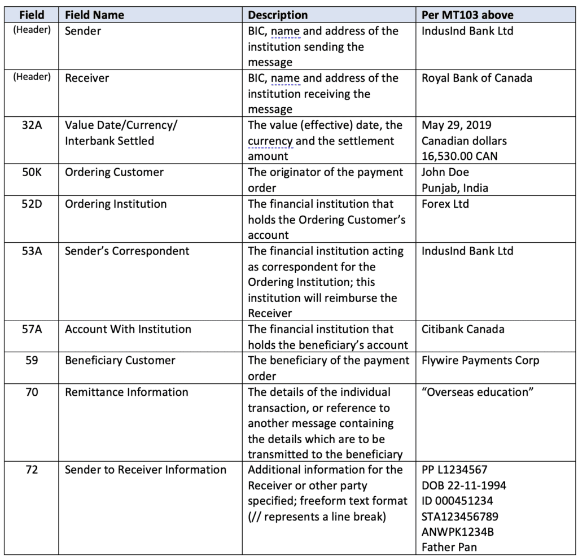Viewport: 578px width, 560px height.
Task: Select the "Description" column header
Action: (x=278, y=15)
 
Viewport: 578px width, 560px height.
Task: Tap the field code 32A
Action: (x=32, y=125)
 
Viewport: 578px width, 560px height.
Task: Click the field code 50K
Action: (x=32, y=172)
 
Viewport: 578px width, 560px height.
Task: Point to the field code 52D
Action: (x=32, y=204)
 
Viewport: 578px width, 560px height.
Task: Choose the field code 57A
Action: (x=32, y=329)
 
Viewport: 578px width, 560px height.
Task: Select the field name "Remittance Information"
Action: (x=126, y=392)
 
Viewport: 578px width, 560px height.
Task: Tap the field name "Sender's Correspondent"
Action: (x=127, y=251)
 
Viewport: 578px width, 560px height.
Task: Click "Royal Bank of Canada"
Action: (x=476, y=78)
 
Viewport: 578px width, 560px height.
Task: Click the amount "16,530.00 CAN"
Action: (x=459, y=156)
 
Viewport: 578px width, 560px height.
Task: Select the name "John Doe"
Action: (x=445, y=172)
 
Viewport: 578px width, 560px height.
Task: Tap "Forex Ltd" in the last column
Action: (x=445, y=204)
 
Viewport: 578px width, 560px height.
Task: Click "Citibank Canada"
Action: (x=463, y=329)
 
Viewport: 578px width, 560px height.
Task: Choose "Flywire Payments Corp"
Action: (x=480, y=360)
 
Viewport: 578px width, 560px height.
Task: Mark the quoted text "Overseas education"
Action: (x=478, y=392)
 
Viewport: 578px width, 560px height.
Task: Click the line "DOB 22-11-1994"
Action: (x=463, y=485)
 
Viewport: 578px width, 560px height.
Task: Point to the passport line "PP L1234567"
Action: (x=454, y=470)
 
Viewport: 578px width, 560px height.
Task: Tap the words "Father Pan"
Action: (x=449, y=547)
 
